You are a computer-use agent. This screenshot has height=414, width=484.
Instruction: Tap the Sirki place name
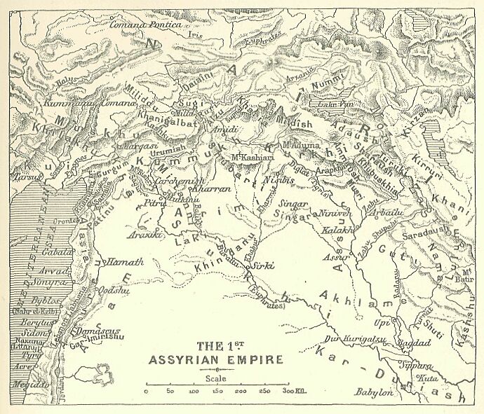pyautogui.click(x=262, y=266)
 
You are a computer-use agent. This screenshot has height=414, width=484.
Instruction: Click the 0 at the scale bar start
pyautogui.click(x=145, y=391)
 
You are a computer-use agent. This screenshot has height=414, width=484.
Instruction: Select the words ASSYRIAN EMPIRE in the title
pyautogui.click(x=217, y=359)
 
